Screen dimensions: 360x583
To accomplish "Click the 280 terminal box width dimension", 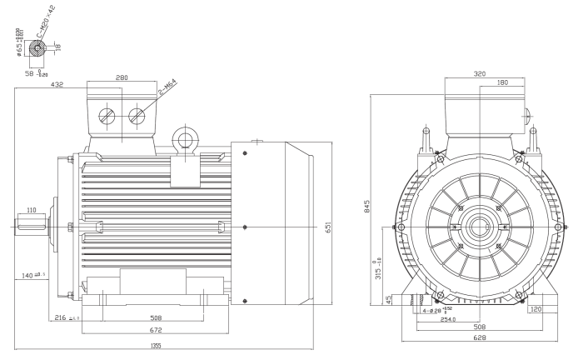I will pyautogui.click(x=122, y=78).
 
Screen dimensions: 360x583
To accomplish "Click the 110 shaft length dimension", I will pyautogui.click(x=30, y=210).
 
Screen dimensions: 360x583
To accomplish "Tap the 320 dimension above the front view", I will pyautogui.click(x=480, y=73).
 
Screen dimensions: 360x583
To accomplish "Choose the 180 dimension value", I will pyautogui.click(x=501, y=82).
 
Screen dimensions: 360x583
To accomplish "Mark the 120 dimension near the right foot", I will pyautogui.click(x=536, y=308).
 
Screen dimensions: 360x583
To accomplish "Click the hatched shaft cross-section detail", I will pyautogui.click(x=37, y=48).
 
